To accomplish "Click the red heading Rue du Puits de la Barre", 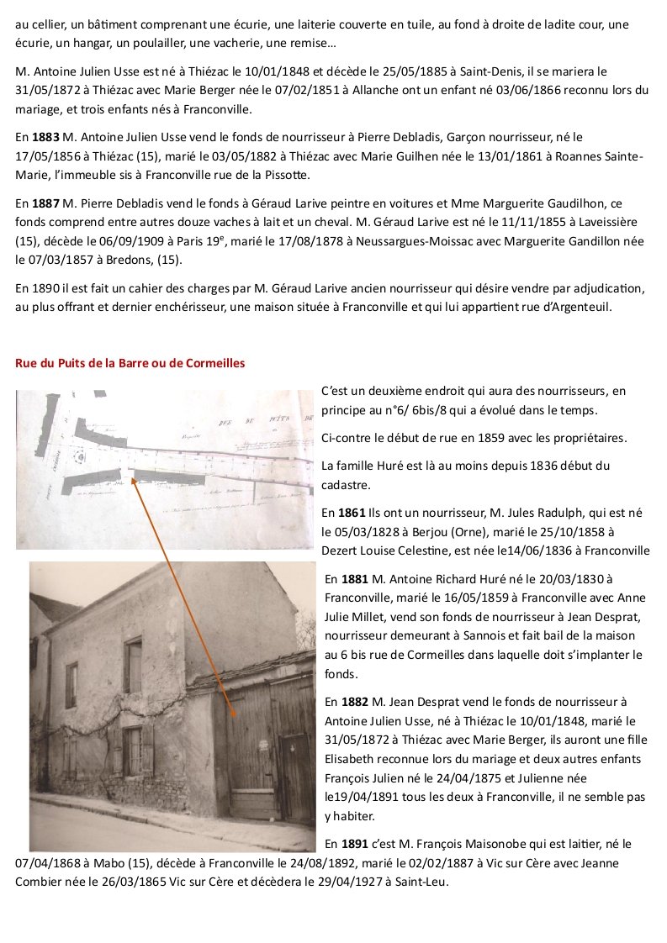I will [130, 363].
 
